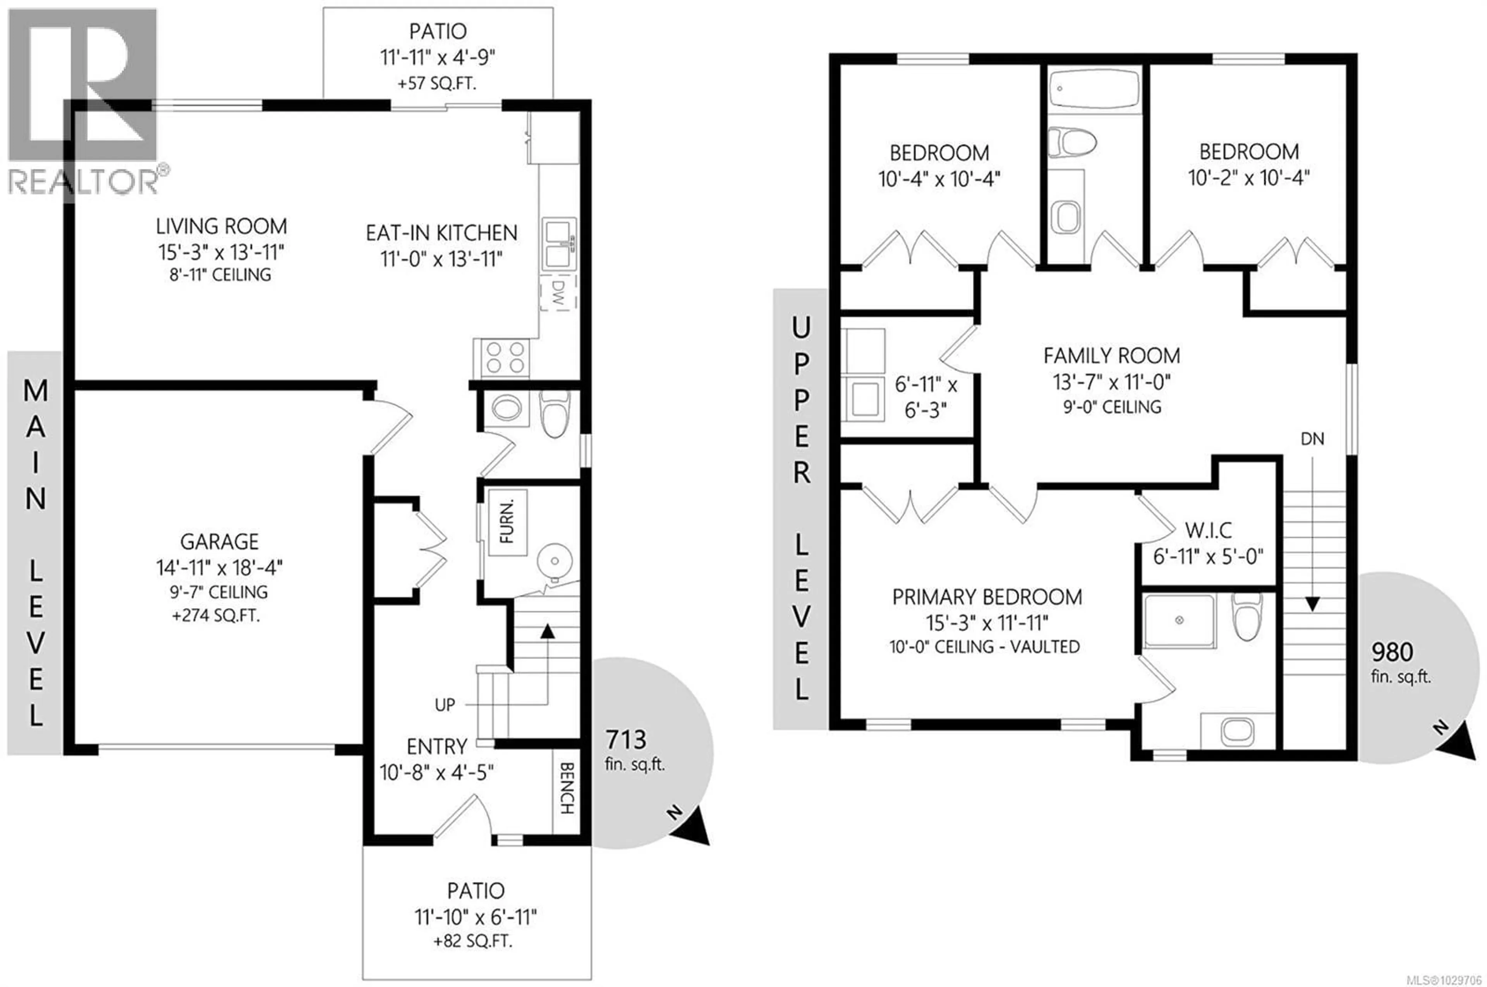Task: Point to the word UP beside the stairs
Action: [445, 705]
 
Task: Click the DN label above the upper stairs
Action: [1312, 439]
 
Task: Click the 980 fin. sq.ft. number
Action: [1393, 652]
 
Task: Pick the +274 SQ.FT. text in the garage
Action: [216, 616]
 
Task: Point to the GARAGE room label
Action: [219, 541]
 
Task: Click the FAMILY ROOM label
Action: [1112, 356]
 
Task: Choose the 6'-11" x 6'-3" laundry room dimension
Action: [925, 397]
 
